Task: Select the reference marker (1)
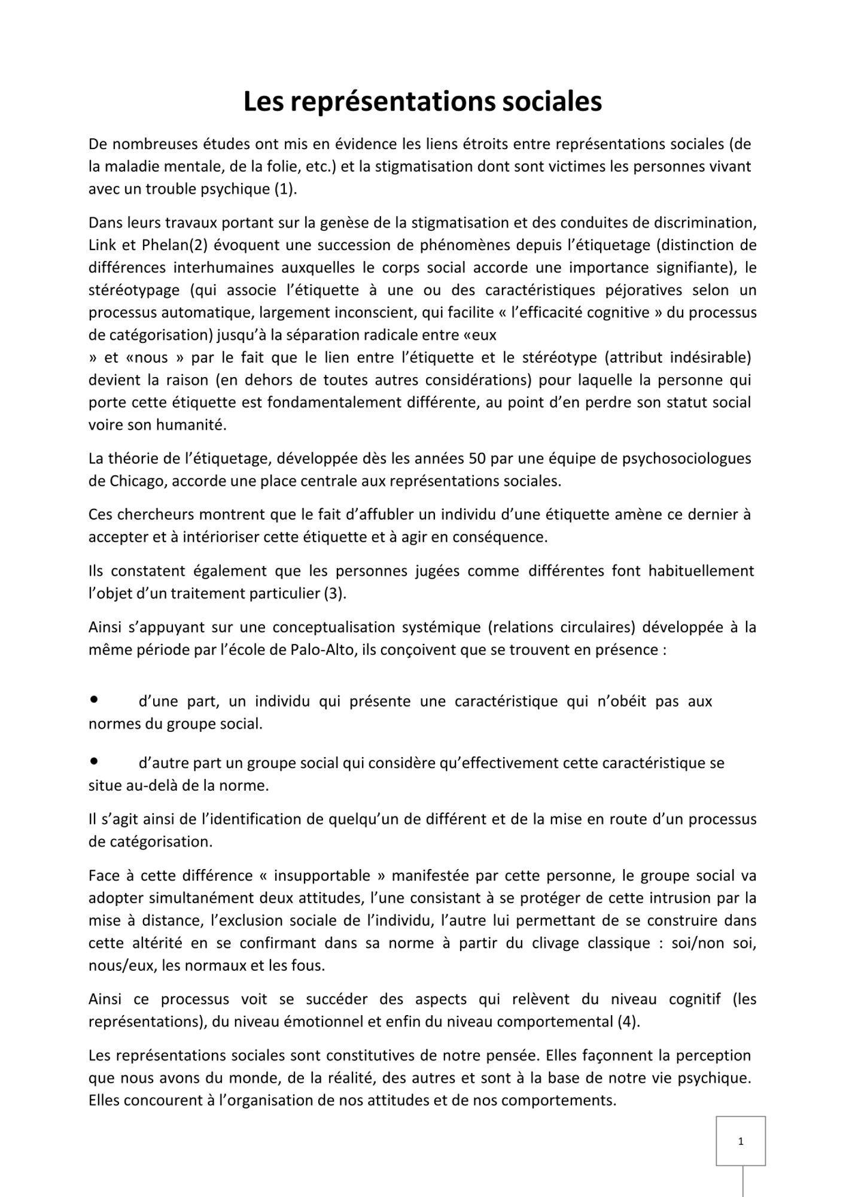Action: pyautogui.click(x=285, y=189)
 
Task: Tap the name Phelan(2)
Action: pyautogui.click(x=175, y=245)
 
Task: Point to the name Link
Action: pyautogui.click(x=102, y=245)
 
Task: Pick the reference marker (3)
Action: pyautogui.click(x=335, y=594)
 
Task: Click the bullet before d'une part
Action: pyautogui.click(x=94, y=699)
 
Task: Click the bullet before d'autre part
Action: pyautogui.click(x=94, y=761)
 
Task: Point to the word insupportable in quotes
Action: pyautogui.click(x=322, y=876)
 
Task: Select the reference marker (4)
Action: pyautogui.click(x=628, y=1022)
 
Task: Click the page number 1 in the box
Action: pyautogui.click(x=741, y=1141)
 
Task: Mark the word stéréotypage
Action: pyautogui.click(x=134, y=291)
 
